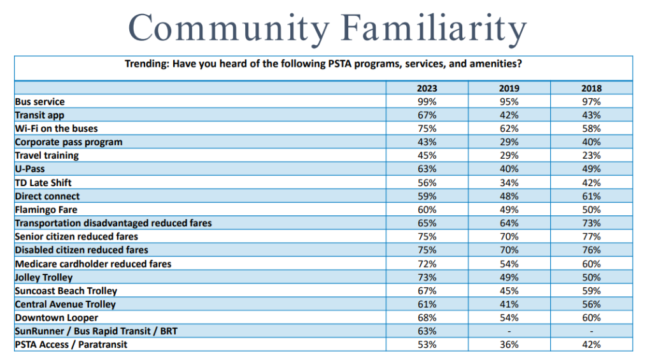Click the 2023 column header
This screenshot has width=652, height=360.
click(427, 89)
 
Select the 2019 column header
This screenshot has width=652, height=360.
click(509, 89)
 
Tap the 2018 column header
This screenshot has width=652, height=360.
click(592, 89)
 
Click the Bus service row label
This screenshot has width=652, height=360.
click(39, 102)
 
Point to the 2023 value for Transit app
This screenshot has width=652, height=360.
click(427, 115)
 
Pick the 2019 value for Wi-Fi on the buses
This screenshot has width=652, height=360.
click(509, 129)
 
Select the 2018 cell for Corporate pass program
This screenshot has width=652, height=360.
click(592, 142)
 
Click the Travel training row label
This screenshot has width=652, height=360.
click(47, 155)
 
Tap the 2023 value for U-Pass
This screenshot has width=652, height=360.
click(427, 169)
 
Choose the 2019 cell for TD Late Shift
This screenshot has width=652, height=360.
click(509, 183)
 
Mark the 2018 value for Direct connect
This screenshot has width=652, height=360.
click(592, 196)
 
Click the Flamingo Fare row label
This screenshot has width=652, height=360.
click(46, 210)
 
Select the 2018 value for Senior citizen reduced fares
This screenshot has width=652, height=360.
click(592, 237)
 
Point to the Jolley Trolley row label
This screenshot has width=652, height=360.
click(44, 277)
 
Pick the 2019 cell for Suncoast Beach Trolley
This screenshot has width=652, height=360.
click(509, 291)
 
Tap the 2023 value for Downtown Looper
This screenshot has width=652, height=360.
click(427, 318)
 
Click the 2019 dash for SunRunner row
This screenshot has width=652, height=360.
click(509, 331)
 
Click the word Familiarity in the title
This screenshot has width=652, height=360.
click(433, 28)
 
